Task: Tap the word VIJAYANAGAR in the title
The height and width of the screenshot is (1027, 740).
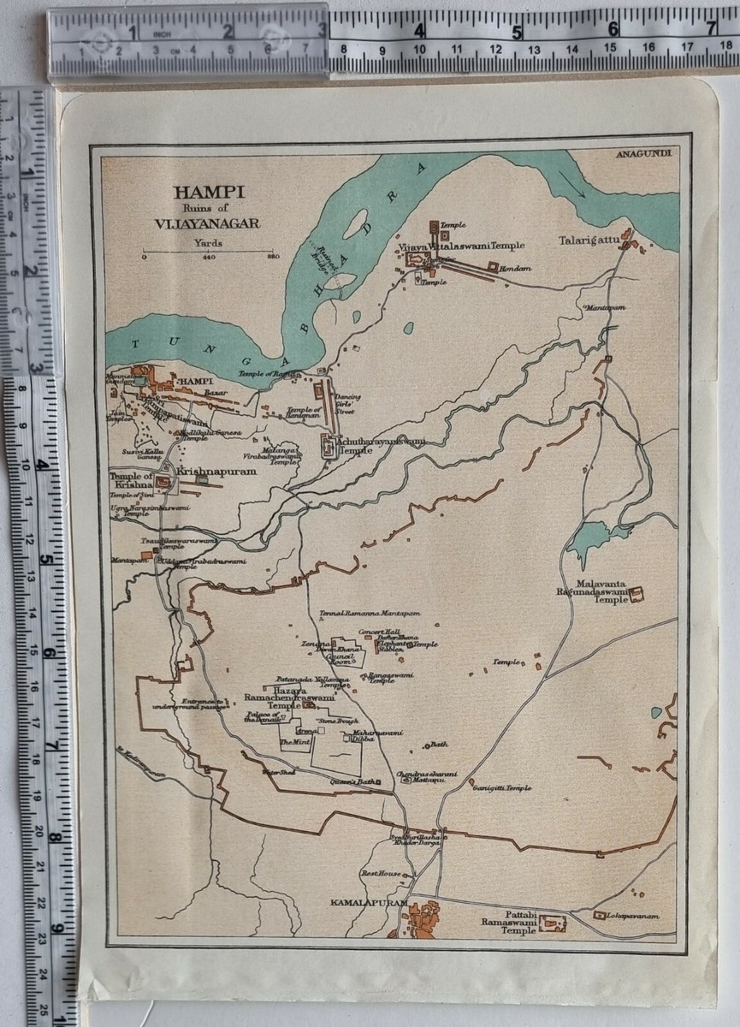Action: (208, 224)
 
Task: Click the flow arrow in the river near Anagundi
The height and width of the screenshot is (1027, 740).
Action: (574, 185)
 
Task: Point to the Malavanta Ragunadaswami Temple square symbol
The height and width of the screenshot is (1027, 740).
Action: (636, 594)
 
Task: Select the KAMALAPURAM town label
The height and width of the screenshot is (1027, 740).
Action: (368, 902)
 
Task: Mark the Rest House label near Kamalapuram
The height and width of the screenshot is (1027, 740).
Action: (381, 874)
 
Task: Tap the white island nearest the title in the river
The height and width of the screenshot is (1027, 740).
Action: (355, 224)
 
